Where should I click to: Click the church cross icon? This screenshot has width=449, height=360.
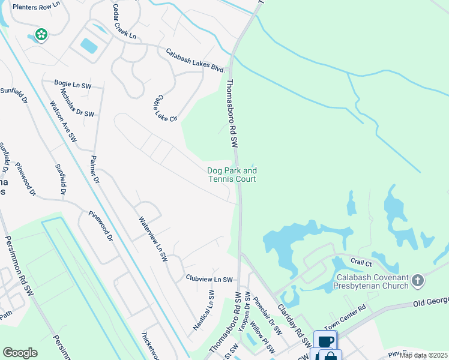(418, 280)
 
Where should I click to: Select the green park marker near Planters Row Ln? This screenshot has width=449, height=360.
(41, 35)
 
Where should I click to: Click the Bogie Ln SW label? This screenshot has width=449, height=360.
(74, 86)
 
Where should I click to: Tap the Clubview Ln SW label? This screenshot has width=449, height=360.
(209, 279)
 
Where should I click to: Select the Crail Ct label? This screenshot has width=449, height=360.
(362, 263)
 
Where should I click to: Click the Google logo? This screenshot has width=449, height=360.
(20, 352)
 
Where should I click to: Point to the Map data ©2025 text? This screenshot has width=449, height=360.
(424, 355)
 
